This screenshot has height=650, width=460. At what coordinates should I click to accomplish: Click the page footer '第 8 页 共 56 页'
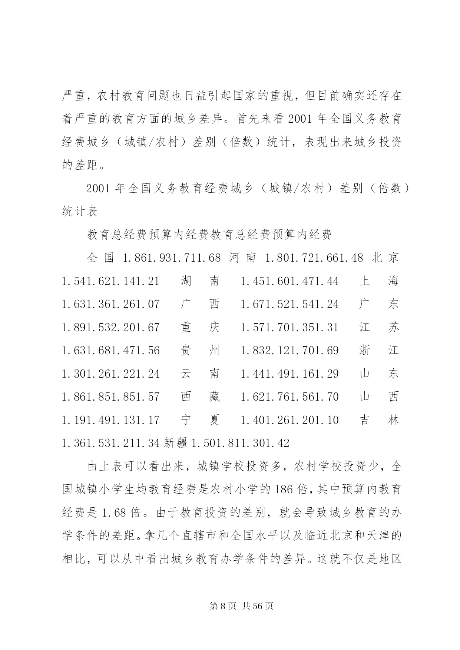pyautogui.click(x=241, y=606)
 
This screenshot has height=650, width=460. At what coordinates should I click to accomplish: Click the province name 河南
pyautogui.click(x=242, y=258)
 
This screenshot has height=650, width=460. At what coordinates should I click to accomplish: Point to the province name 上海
pyautogui.click(x=379, y=281)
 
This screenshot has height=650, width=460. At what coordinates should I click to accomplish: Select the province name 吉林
pyautogui.click(x=379, y=420)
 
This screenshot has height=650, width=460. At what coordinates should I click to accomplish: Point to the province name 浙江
pyautogui.click(x=379, y=351)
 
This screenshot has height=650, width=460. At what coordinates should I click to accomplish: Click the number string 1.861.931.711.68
pyautogui.click(x=172, y=258)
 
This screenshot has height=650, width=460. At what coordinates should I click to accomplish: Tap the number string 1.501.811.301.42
pyautogui.click(x=240, y=443)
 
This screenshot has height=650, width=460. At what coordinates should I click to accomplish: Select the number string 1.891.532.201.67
pyautogui.click(x=110, y=328)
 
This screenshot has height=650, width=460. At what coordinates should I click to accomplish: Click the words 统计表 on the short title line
pyautogui.click(x=80, y=212)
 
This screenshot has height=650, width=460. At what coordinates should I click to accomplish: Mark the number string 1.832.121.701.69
pyautogui.click(x=289, y=351)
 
